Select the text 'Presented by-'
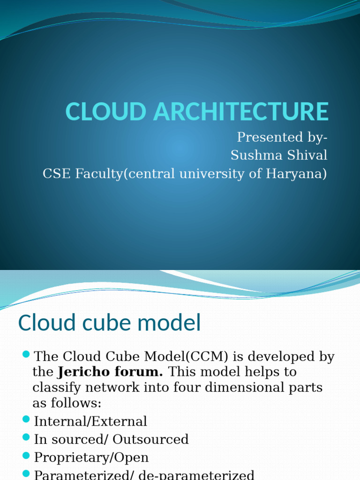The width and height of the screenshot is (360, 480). pos(282,137)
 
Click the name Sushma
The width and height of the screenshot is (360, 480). pos(253,155)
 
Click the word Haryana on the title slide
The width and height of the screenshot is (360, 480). pos(294,173)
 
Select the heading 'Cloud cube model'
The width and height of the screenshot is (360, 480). pos(109,323)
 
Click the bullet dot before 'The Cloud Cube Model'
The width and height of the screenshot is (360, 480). pos(26,353)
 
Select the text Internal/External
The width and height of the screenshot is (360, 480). pos(90,421)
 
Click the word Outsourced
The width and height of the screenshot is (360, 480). pos(150,439)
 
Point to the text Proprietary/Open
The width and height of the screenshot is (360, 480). pos(91,457)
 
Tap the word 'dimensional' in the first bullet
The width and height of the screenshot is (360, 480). pos(248,388)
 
